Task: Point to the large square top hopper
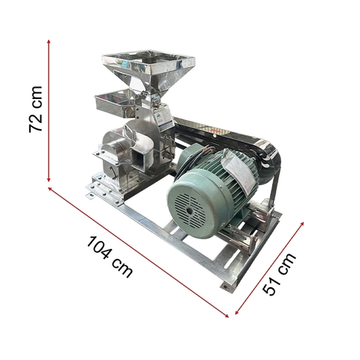148,64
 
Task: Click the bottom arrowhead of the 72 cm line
50,181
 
